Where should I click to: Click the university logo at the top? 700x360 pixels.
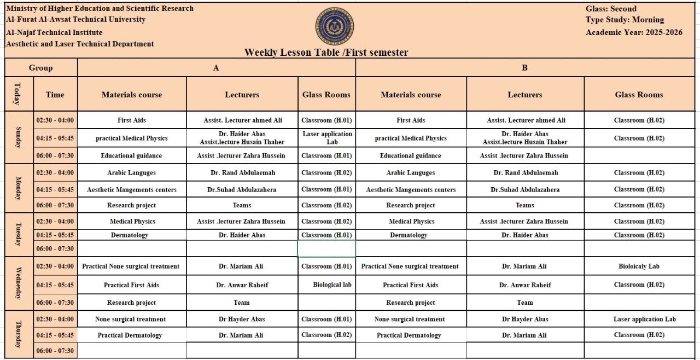tap(334, 26)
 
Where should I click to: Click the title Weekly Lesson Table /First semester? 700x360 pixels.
tap(326, 53)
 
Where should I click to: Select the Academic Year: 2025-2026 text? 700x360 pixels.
tap(634, 32)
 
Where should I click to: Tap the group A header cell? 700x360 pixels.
tap(216, 68)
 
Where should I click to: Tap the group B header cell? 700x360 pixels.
tap(524, 68)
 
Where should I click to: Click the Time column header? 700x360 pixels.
tap(55, 95)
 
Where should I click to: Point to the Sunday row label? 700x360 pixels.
tap(19, 137)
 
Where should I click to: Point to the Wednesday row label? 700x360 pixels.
tap(19, 283)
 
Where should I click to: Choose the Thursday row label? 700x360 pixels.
tap(19, 334)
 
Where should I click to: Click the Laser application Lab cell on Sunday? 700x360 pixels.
tap(326, 138)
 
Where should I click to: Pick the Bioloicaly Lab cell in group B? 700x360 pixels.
tap(639, 266)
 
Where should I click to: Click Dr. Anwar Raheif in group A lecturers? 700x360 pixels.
tap(242, 285)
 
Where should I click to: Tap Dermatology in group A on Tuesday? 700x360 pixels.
tap(130, 235)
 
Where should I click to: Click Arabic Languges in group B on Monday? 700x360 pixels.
tap(411, 173)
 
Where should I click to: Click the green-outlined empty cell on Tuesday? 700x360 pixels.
tap(326, 248)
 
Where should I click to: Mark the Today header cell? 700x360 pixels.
tap(19, 94)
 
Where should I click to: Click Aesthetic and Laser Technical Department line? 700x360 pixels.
tap(80, 44)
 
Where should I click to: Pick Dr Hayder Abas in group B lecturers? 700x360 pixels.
tap(525, 320)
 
